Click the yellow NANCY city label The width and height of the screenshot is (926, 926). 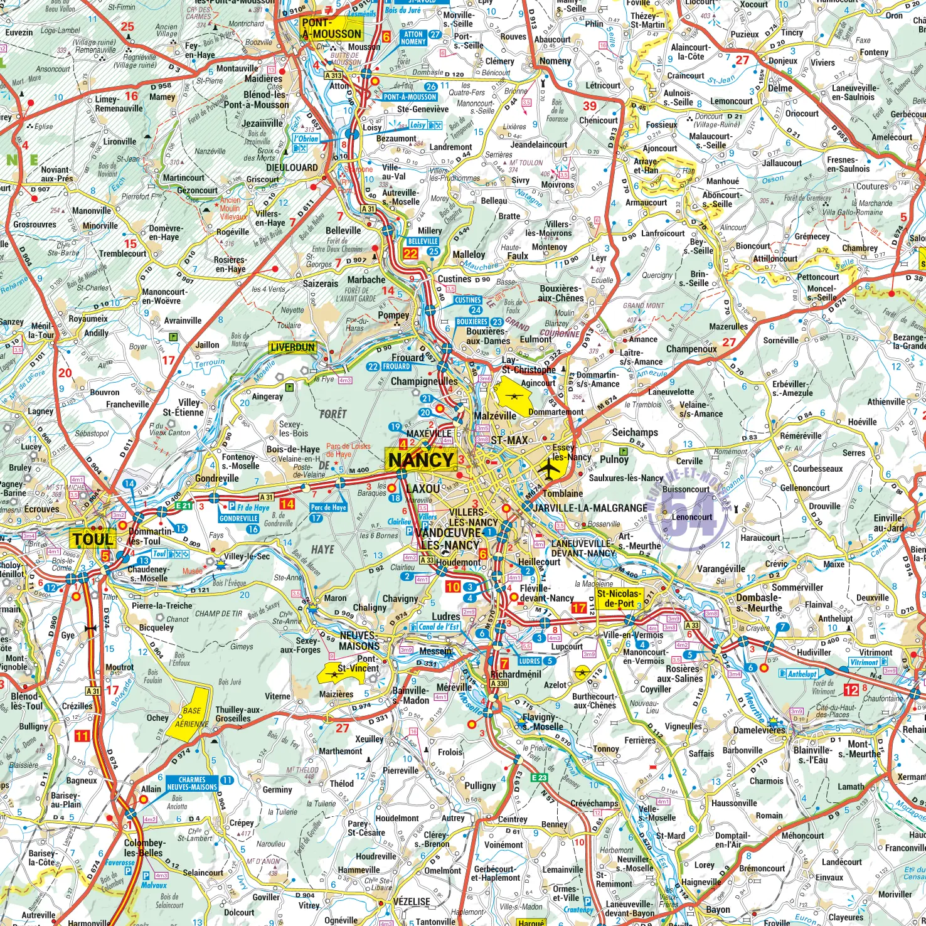coord(420,460)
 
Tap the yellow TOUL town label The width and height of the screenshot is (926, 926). coord(92,540)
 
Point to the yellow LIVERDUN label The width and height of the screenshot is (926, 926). coord(292,347)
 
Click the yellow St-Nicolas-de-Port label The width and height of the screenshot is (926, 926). coord(619,599)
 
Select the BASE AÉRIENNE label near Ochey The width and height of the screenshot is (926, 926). coord(192,717)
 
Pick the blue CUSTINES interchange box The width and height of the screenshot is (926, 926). coord(468,300)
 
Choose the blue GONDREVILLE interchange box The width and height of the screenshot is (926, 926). coord(238,518)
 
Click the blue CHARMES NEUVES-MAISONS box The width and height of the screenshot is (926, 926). coord(192,783)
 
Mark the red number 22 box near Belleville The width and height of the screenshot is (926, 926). coord(410,253)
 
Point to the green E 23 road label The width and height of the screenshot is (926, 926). coord(539,777)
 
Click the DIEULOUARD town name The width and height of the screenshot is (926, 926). coord(292,168)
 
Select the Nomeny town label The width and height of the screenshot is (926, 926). coord(555,61)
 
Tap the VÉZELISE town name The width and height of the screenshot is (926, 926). coord(412,902)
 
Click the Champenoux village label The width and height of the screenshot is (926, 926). coord(691,349)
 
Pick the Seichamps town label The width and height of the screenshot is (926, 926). coord(635,432)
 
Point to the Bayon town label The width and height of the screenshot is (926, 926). coord(718,909)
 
